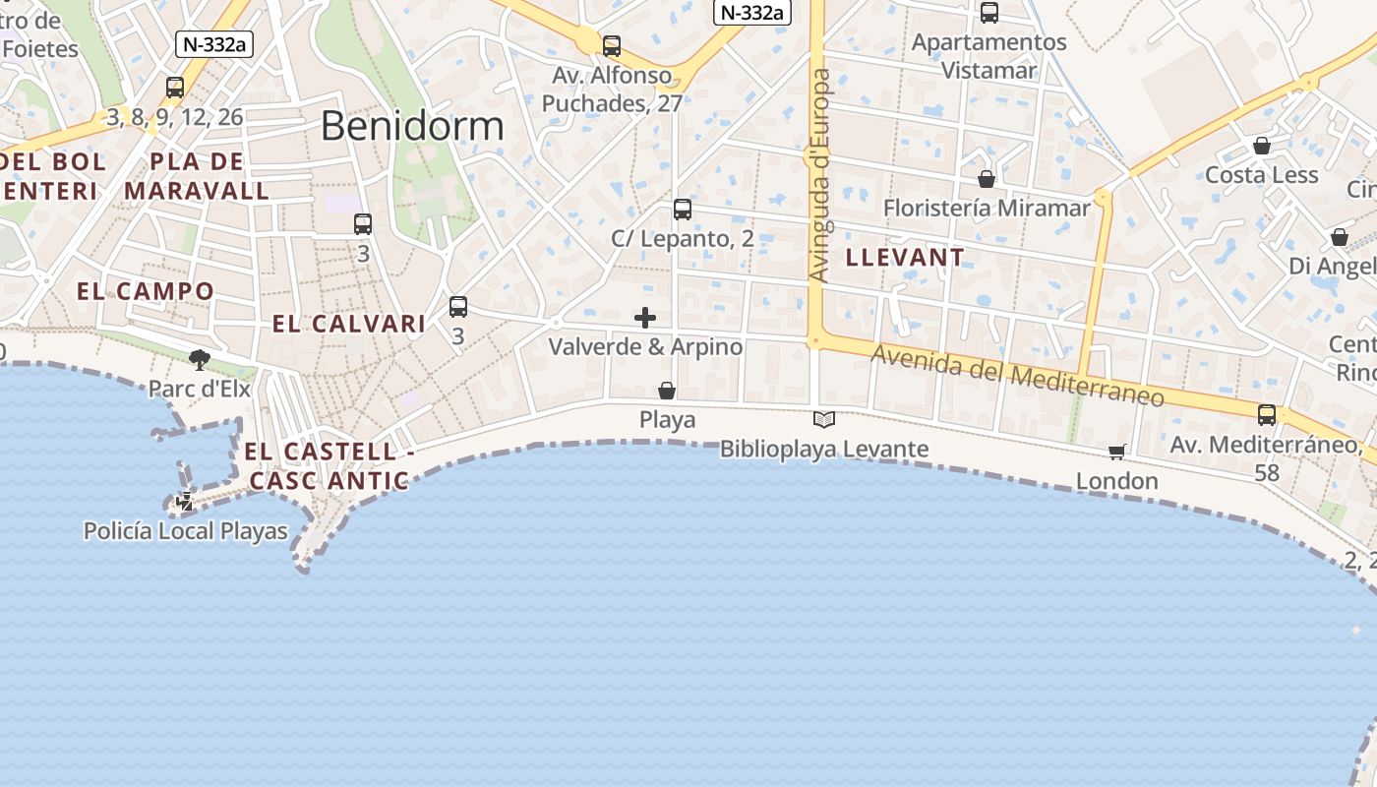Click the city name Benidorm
[x=412, y=126]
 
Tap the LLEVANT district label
[x=905, y=258]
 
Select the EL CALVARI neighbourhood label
[x=349, y=324]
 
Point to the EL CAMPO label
[x=146, y=291]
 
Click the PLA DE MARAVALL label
[x=197, y=176]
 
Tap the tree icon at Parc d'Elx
[x=200, y=360]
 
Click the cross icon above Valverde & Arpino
[x=645, y=318]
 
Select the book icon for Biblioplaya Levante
[x=824, y=420]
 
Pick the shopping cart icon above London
[x=1116, y=452]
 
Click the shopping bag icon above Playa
[x=667, y=391]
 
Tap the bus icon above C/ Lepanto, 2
[x=683, y=209]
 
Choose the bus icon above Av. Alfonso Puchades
[x=612, y=45]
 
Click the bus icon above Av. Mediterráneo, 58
[x=1267, y=415]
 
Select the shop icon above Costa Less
[x=1262, y=146]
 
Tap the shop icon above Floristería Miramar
[x=987, y=179]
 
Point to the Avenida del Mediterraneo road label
[x=1018, y=377]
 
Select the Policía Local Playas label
[x=186, y=532]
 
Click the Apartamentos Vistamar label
[x=989, y=56]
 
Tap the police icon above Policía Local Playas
[x=184, y=502]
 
